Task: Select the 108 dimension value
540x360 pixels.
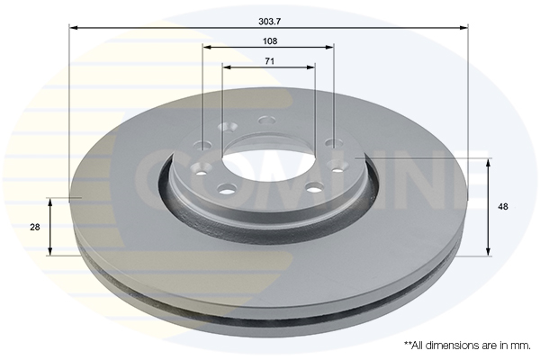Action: pos(269,41)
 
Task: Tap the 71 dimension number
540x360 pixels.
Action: pos(269,60)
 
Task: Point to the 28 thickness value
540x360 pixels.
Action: pos(34,228)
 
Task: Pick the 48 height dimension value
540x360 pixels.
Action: pos(503,207)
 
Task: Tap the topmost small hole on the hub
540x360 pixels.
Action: pos(266,120)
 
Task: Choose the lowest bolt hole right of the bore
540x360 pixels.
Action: pos(315,187)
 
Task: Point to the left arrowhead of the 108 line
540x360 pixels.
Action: pos(206,48)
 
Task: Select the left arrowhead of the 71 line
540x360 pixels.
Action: pos(226,67)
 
